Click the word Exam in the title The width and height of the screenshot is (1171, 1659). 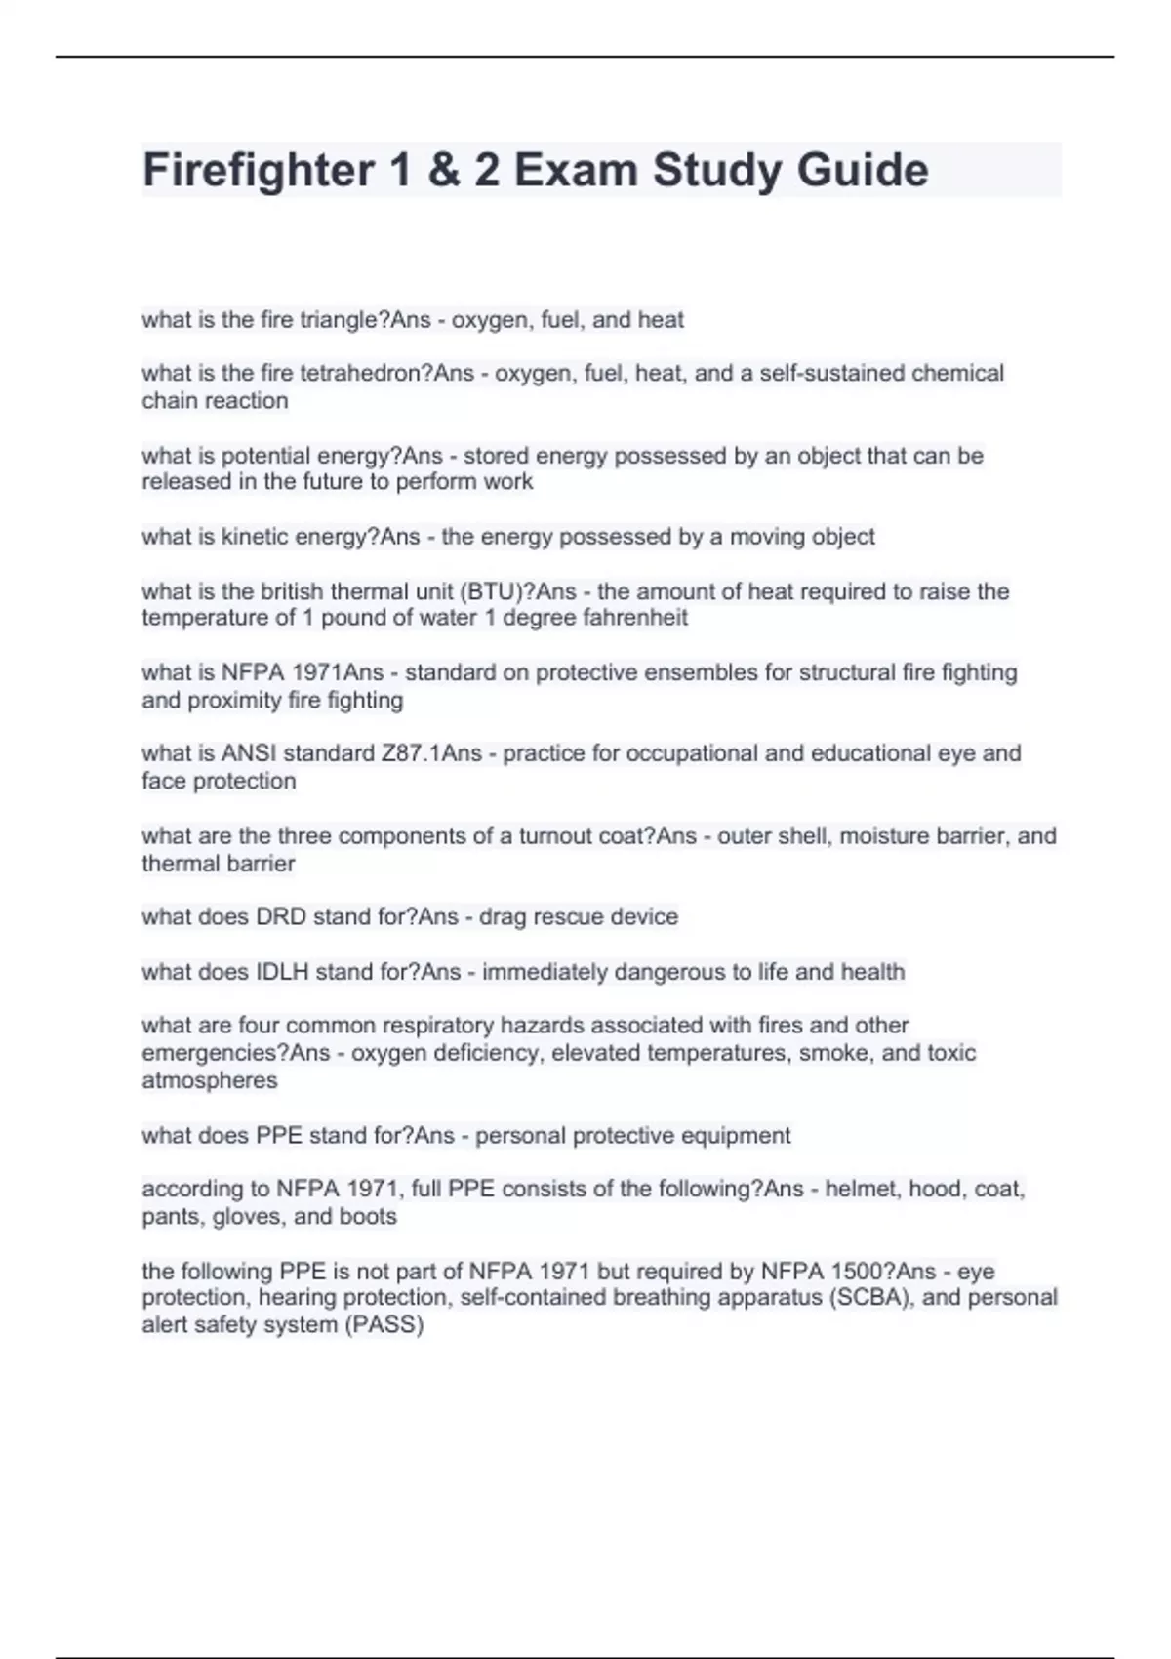tap(576, 170)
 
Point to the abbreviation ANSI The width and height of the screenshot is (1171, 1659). tap(246, 753)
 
